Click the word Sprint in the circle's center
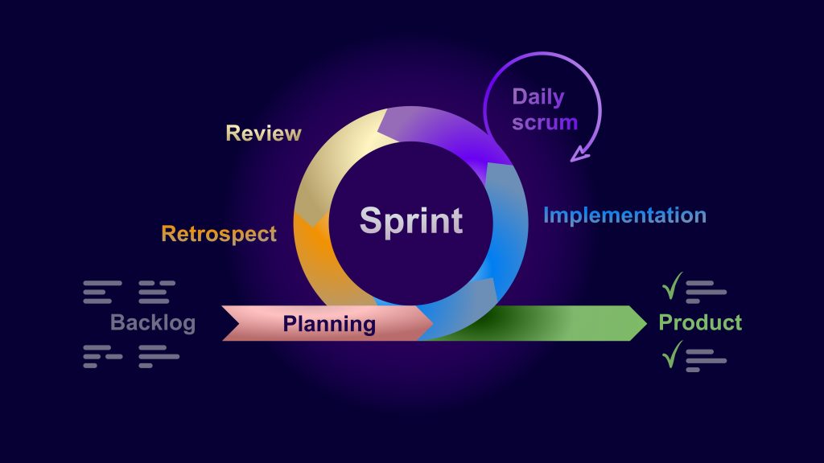(411, 221)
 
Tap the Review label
(263, 133)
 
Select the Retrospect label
(219, 234)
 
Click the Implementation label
(624, 215)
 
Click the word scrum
(545, 122)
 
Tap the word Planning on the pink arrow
(329, 324)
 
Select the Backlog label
(153, 323)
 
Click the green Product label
(700, 322)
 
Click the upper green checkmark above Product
(672, 286)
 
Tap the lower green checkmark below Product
(672, 354)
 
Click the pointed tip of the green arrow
(646, 323)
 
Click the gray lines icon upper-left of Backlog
(102, 292)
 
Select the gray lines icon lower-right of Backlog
(159, 356)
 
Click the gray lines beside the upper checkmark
(706, 292)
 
